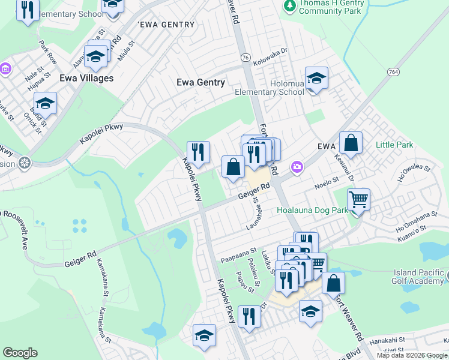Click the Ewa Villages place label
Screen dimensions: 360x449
coord(86,78)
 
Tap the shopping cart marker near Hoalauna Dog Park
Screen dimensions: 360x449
coord(358,199)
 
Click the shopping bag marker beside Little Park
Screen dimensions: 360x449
coord(351,143)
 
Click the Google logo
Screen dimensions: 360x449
coord(20,352)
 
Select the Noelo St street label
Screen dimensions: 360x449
coord(328,187)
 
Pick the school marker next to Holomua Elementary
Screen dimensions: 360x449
coord(316,79)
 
